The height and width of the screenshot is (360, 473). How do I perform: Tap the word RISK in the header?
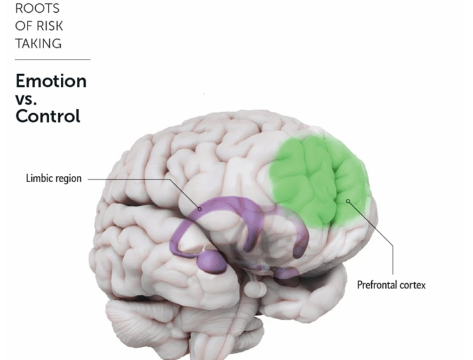(51, 27)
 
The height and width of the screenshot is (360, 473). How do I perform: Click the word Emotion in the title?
(51, 81)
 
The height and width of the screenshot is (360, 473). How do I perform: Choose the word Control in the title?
(48, 116)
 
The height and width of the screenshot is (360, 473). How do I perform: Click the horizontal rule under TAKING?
(52, 59)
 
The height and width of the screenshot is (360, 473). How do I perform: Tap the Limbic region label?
(54, 178)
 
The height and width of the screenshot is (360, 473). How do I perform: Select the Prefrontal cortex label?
(390, 284)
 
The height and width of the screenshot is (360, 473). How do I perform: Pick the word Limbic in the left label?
(38, 178)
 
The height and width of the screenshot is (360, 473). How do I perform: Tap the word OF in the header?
(23, 27)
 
